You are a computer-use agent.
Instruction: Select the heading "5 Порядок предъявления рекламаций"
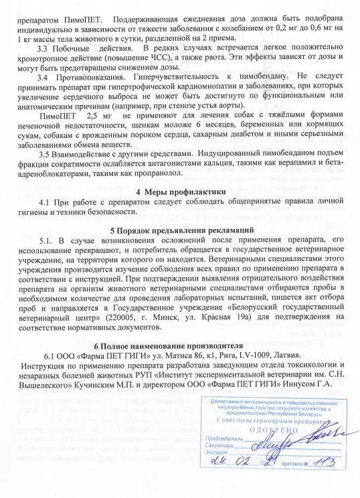click(x=179, y=230)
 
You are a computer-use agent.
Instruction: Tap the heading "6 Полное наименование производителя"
click(x=179, y=345)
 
